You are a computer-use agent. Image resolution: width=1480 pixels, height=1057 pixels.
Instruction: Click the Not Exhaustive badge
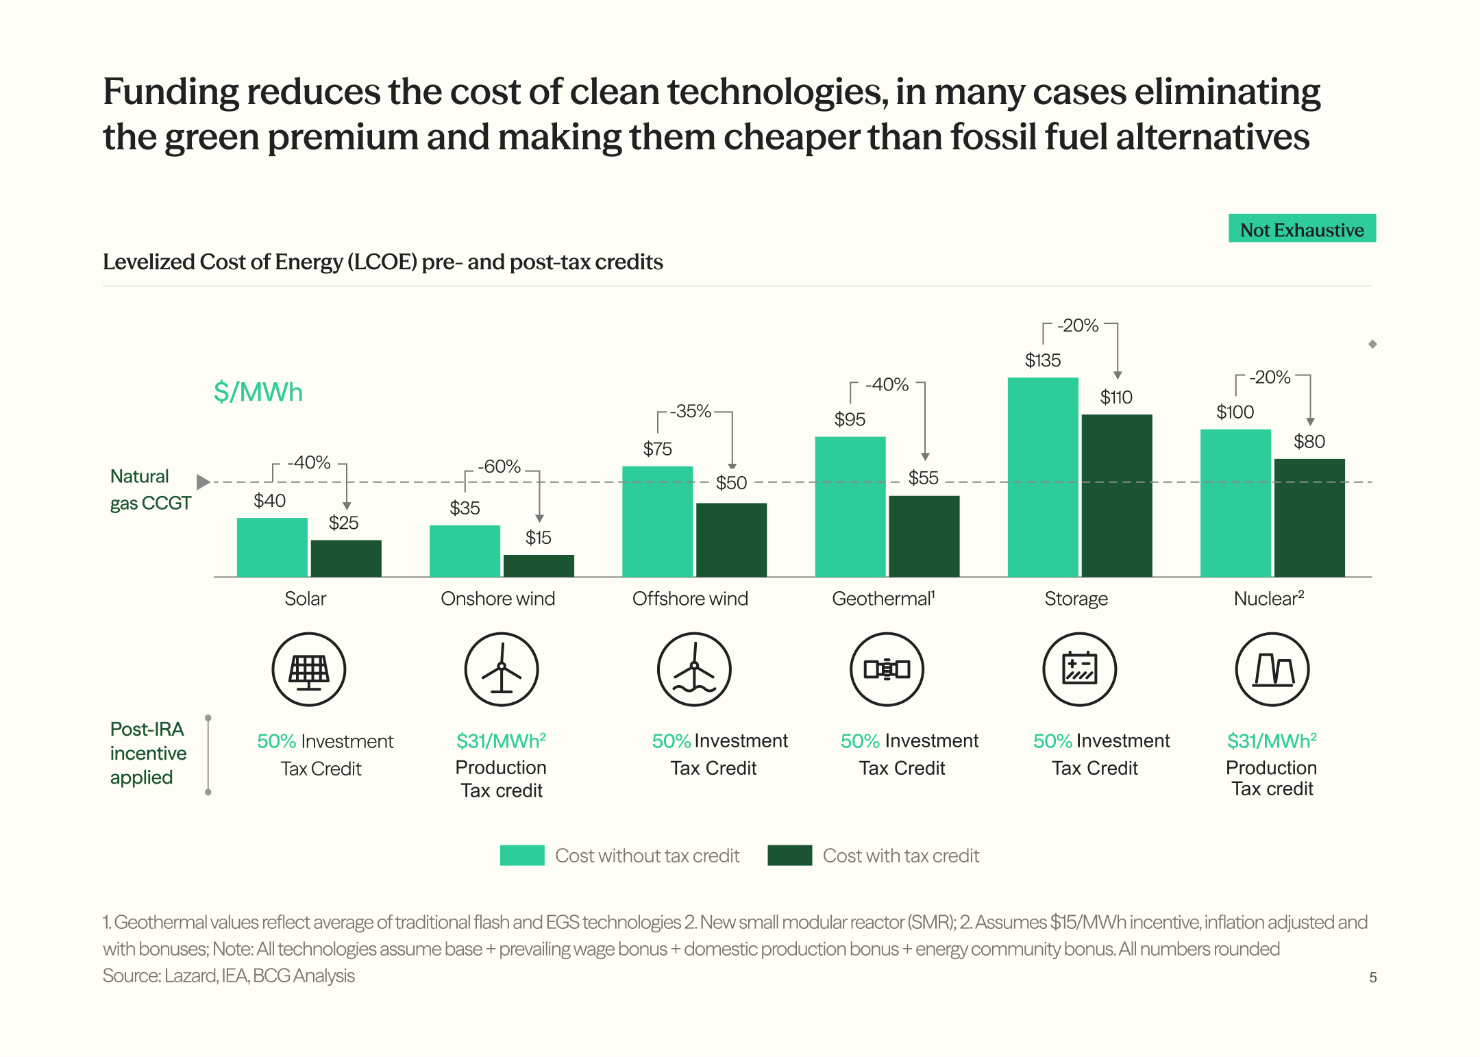pos(1302,228)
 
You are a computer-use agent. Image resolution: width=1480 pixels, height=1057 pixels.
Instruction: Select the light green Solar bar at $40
pos(272,547)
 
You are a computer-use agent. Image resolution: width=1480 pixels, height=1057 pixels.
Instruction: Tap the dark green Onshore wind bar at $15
pos(539,566)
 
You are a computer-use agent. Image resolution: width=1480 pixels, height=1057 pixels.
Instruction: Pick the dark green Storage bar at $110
pos(1117,495)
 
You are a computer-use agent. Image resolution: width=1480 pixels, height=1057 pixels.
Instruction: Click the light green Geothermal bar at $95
pos(850,507)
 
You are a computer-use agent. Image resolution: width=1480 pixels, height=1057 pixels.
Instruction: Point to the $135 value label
pos(1043,360)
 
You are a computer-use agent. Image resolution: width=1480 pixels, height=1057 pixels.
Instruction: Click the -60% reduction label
pos(500,467)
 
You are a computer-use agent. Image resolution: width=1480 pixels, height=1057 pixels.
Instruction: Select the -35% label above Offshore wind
pos(691,411)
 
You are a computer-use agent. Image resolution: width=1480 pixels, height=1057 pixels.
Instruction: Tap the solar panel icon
pos(309,669)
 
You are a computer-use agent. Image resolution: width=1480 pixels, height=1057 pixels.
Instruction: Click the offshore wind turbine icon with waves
pos(694,669)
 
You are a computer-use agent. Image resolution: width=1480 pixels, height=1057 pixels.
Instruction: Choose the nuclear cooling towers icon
pos(1272,669)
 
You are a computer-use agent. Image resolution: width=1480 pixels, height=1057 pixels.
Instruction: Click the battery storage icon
pos(1080,669)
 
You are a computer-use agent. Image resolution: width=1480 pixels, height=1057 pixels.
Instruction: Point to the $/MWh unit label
pos(258,393)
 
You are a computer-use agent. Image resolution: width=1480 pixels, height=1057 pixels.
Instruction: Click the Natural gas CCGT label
pos(150,490)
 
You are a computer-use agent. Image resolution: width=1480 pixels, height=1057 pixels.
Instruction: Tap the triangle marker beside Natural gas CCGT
pos(203,482)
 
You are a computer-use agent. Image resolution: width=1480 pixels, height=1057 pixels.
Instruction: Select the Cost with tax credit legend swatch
pos(789,856)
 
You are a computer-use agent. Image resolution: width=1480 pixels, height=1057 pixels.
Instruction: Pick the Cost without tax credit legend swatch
pos(522,856)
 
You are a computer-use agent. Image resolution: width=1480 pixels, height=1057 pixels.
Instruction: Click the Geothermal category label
pos(883,599)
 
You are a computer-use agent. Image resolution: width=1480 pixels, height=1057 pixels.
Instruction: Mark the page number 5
pos(1373,978)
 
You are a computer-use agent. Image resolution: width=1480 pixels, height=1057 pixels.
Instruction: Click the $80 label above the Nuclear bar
pos(1309,441)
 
